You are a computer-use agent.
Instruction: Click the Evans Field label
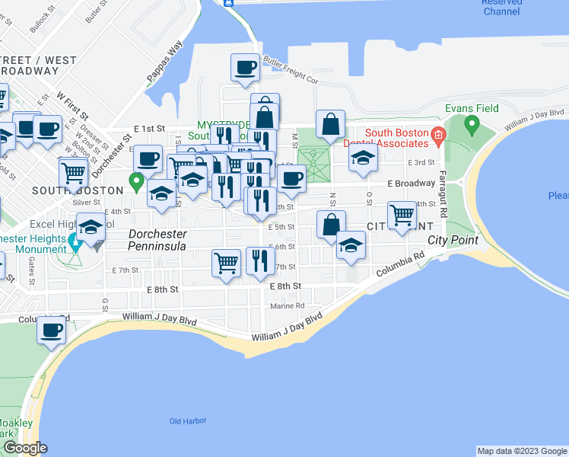click(472, 108)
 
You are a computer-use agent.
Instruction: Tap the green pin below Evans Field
click(472, 123)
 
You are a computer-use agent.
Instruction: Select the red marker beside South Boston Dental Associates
click(437, 137)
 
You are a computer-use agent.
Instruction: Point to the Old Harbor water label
click(184, 420)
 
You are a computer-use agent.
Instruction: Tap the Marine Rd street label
click(287, 306)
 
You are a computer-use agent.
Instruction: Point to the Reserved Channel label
click(501, 7)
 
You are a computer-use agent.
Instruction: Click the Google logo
click(24, 448)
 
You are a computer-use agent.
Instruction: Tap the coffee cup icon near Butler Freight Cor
click(245, 68)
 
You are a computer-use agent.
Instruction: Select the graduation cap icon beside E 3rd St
click(363, 158)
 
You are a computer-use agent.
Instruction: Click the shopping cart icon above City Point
click(401, 215)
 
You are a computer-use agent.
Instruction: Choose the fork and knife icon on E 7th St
click(260, 260)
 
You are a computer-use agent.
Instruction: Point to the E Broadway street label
click(410, 184)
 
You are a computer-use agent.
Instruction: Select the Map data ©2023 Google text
click(521, 451)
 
